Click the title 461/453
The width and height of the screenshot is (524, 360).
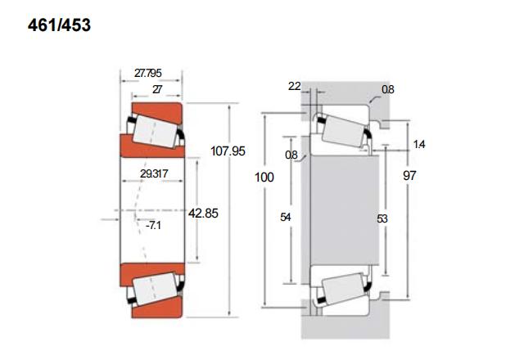[x=59, y=25]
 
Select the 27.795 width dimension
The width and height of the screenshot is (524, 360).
[x=147, y=73]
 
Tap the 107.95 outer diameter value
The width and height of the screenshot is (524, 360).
[x=228, y=151]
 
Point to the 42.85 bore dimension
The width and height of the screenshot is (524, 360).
[x=203, y=213]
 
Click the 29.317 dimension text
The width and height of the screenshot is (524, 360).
[x=154, y=173]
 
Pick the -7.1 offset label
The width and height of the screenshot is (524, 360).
[x=153, y=226]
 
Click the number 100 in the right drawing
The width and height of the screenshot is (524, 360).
[x=264, y=177]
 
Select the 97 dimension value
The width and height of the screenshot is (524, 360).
[x=409, y=175]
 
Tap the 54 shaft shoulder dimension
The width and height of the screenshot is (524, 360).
[x=286, y=218]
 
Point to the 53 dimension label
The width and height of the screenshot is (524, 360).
[x=382, y=218]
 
